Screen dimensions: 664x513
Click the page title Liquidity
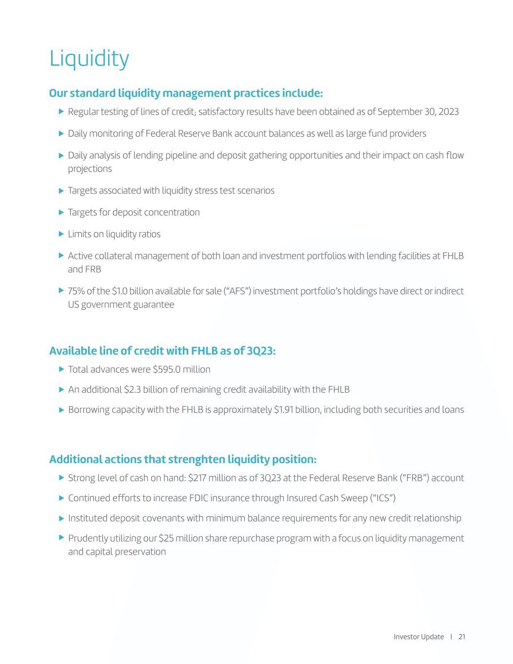pyautogui.click(x=89, y=59)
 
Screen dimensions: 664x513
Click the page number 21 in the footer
pyautogui.click(x=461, y=637)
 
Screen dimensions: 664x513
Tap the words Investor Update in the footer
pyautogui.click(x=419, y=637)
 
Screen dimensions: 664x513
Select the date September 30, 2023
pyautogui.click(x=418, y=112)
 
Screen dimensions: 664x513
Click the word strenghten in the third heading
pyautogui.click(x=200, y=459)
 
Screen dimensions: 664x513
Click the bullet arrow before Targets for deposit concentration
pyautogui.click(x=61, y=212)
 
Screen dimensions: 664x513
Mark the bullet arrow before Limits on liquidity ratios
pyautogui.click(x=61, y=234)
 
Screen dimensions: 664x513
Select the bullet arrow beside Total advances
pyautogui.click(x=61, y=369)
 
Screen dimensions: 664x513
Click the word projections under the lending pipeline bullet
pyautogui.click(x=90, y=169)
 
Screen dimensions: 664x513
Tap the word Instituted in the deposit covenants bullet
pyautogui.click(x=88, y=518)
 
